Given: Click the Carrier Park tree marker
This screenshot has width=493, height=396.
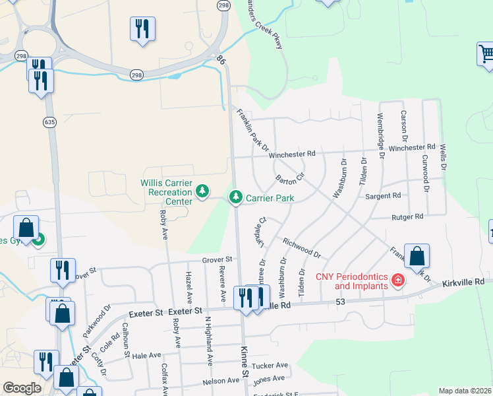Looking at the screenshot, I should (236, 197).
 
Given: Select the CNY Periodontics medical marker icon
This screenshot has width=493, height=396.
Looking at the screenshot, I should (397, 281).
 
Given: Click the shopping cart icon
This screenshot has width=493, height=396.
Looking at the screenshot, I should (486, 53).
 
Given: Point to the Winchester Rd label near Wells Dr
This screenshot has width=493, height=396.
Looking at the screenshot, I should (412, 147).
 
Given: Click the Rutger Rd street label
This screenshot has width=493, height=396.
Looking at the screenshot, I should (407, 216).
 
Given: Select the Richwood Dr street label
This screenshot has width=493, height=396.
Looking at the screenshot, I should (301, 248).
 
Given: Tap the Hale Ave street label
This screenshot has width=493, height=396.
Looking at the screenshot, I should (146, 355).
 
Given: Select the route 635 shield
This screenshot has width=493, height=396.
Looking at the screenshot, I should (50, 121).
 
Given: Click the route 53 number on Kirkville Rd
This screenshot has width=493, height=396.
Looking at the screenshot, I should (340, 302).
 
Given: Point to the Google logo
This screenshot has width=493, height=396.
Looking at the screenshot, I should (22, 388).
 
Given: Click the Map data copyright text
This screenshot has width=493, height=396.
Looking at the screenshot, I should (465, 391).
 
